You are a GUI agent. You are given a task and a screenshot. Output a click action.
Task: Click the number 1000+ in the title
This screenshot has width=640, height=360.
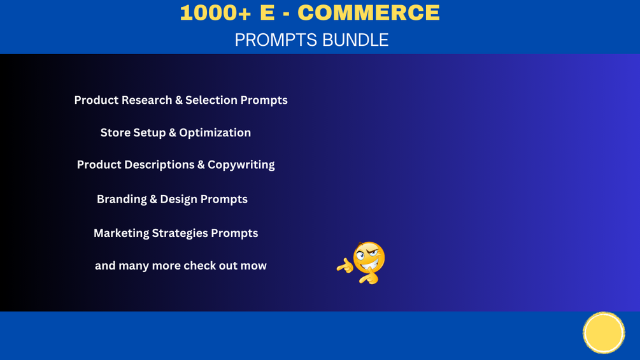215,12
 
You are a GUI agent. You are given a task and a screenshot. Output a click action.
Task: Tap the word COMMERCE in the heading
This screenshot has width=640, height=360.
369,12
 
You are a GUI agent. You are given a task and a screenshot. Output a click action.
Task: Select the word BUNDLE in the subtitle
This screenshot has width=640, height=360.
355,40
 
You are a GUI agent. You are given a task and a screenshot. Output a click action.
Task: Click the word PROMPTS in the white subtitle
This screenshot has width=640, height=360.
276,40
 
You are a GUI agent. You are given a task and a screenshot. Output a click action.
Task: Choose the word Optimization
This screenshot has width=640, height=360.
215,133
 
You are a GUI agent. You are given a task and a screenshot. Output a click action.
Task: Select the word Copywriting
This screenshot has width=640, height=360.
241,165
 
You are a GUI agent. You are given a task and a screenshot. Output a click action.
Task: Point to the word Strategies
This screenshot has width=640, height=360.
180,233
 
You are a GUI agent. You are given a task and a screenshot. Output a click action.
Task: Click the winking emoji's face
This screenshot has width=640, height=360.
369,257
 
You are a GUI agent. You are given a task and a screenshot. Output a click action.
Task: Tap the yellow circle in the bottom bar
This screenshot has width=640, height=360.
604,333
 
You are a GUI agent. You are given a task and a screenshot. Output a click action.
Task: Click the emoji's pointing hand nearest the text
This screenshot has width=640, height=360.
345,266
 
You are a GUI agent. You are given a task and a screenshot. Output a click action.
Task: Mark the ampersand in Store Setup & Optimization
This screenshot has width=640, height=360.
172,133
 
